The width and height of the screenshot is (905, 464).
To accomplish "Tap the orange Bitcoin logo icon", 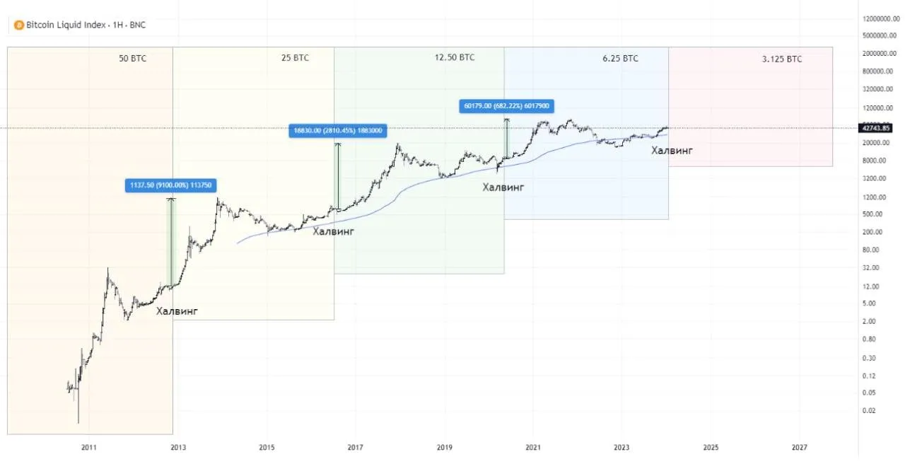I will [x=18, y=25].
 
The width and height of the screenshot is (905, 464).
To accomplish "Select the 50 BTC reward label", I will [x=133, y=59].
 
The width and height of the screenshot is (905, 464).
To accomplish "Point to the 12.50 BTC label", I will [x=455, y=58].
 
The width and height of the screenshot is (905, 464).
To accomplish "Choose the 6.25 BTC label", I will [x=620, y=59].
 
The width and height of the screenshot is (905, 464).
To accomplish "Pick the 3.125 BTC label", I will [x=782, y=59].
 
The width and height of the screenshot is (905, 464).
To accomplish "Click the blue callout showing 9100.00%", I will [x=170, y=185].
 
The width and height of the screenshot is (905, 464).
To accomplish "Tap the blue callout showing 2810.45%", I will [x=338, y=130].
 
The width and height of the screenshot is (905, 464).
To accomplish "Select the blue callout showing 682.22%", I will [x=506, y=106].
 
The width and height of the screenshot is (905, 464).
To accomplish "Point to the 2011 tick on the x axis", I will [x=88, y=447].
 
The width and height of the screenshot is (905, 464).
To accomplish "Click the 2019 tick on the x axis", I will [x=444, y=447].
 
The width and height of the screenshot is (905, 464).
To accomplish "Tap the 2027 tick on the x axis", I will [x=800, y=447].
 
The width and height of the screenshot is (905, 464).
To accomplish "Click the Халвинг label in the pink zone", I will [x=671, y=151].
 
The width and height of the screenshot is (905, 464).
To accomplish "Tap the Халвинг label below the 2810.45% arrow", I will [x=333, y=231].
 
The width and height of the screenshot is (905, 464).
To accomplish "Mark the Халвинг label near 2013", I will [x=177, y=311].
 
